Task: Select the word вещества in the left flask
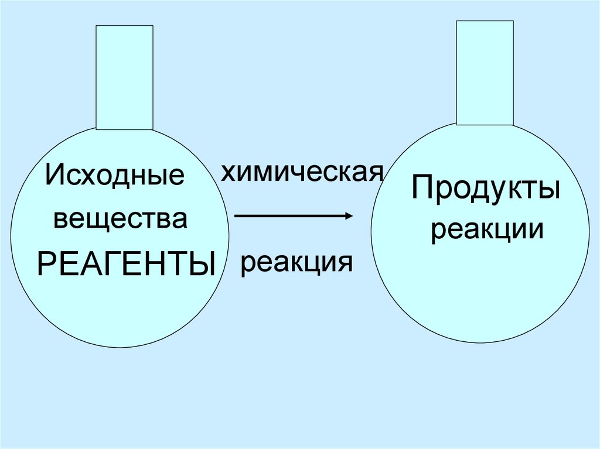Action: click(120, 220)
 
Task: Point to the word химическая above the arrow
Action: click(302, 172)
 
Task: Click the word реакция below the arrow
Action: click(296, 263)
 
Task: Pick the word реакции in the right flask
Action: click(486, 229)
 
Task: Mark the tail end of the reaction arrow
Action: click(236, 216)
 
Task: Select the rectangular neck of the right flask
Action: click(485, 73)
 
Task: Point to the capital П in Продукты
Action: click(422, 188)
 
